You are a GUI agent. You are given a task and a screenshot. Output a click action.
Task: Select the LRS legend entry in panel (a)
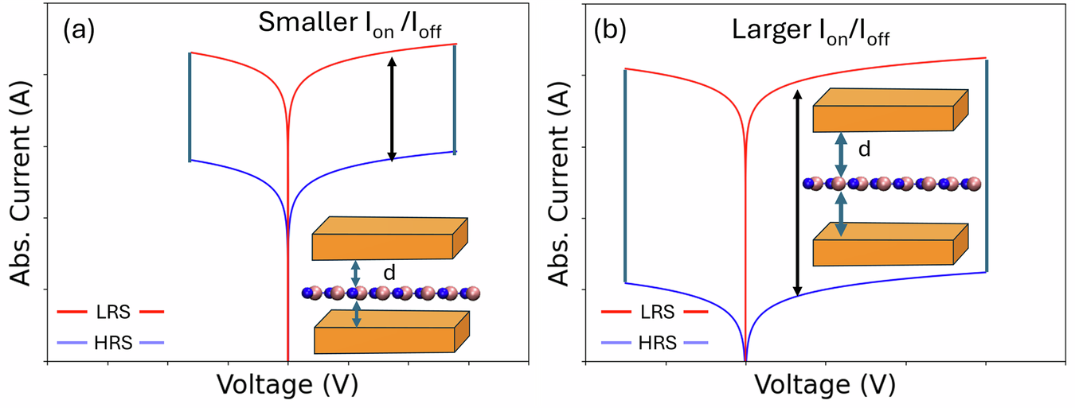click(x=111, y=312)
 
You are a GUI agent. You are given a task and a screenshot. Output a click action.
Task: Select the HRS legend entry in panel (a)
click(x=111, y=343)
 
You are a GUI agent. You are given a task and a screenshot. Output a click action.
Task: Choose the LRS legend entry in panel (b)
click(x=655, y=312)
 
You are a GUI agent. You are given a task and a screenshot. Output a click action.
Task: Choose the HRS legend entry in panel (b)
click(x=655, y=343)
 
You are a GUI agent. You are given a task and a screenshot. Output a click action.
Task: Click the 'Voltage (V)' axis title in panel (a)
click(x=287, y=385)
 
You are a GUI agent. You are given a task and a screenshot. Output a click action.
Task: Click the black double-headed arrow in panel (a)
click(x=392, y=108)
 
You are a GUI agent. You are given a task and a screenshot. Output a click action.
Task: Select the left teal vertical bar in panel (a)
click(x=190, y=107)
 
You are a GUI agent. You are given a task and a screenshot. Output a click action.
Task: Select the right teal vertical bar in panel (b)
click(x=987, y=165)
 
